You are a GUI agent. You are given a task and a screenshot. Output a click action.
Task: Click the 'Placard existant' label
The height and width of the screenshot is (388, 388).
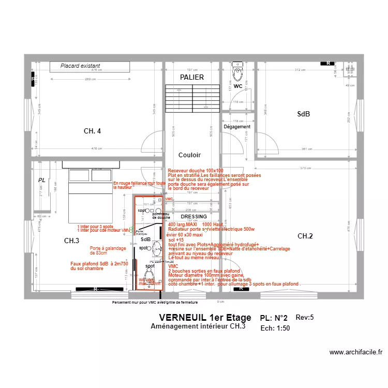80,66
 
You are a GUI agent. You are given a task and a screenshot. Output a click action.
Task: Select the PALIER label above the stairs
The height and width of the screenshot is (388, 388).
192,77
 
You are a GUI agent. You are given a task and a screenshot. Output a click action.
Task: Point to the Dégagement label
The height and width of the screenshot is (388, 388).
237,127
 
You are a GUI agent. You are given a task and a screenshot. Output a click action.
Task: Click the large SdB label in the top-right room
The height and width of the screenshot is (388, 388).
303,114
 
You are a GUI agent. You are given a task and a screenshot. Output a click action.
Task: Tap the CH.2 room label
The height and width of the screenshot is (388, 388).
305,236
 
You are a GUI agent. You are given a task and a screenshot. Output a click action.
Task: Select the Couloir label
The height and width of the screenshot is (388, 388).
189,155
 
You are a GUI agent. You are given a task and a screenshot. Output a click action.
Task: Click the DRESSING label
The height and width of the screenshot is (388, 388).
193,217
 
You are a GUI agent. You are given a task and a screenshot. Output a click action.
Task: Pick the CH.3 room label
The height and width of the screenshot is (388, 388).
71,241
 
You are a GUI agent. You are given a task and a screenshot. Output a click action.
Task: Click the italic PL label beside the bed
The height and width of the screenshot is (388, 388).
41,180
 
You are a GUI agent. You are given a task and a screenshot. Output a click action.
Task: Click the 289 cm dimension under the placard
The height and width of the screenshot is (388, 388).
91,79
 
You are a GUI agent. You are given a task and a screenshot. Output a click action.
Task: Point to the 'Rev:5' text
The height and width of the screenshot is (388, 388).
305,317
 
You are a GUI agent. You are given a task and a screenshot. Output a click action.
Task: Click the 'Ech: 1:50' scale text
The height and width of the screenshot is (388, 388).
275,328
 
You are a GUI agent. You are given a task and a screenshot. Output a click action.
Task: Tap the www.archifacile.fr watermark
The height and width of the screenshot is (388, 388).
356,352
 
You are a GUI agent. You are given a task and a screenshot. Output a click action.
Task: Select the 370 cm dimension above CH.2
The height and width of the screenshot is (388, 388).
305,168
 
